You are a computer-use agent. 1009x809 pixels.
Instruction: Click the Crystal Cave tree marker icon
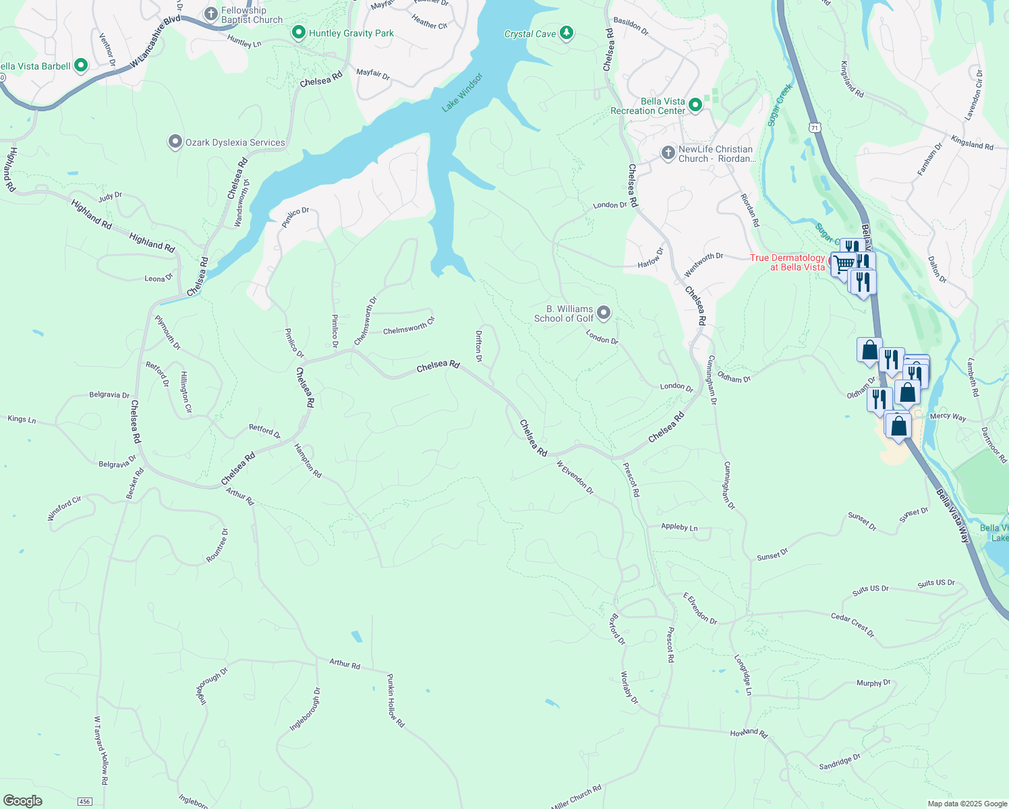click(567, 33)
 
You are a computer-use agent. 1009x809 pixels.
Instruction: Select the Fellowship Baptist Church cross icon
click(211, 13)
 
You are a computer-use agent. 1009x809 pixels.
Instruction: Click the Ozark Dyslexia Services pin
click(175, 142)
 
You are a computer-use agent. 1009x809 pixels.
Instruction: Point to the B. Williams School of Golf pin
click(604, 312)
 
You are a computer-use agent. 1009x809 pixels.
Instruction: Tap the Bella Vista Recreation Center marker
click(695, 105)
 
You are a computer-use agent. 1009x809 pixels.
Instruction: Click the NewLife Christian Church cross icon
click(668, 153)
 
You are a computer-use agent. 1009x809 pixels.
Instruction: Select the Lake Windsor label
click(463, 92)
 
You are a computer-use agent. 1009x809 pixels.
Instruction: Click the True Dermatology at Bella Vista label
click(788, 262)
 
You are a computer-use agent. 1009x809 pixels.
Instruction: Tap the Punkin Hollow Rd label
click(396, 700)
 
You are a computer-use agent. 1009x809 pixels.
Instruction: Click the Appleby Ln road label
click(679, 527)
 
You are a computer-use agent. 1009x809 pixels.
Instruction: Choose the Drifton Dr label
click(479, 346)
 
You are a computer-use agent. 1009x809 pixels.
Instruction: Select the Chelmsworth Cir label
click(409, 326)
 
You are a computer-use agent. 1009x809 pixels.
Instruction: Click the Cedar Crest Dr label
click(853, 625)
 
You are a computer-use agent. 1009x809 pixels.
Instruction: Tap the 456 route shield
click(84, 802)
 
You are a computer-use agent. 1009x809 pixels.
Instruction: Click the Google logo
click(23, 801)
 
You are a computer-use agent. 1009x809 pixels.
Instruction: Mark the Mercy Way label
click(948, 417)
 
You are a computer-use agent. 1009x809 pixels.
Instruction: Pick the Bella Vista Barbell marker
click(81, 65)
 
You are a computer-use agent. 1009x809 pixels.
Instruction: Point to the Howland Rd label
click(749, 733)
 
